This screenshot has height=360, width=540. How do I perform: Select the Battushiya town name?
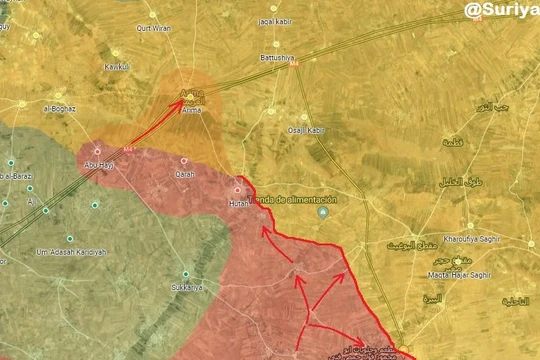point(275,57)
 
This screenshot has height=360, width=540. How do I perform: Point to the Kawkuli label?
point(118,67)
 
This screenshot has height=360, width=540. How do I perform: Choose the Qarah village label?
point(184,174)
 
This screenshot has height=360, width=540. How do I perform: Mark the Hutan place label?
point(238,203)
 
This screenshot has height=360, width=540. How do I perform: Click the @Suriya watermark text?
point(500,11)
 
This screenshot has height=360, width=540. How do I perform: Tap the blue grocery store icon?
point(323,213)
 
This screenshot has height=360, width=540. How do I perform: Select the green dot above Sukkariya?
point(185,274)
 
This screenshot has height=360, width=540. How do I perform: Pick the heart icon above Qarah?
point(184,161)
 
